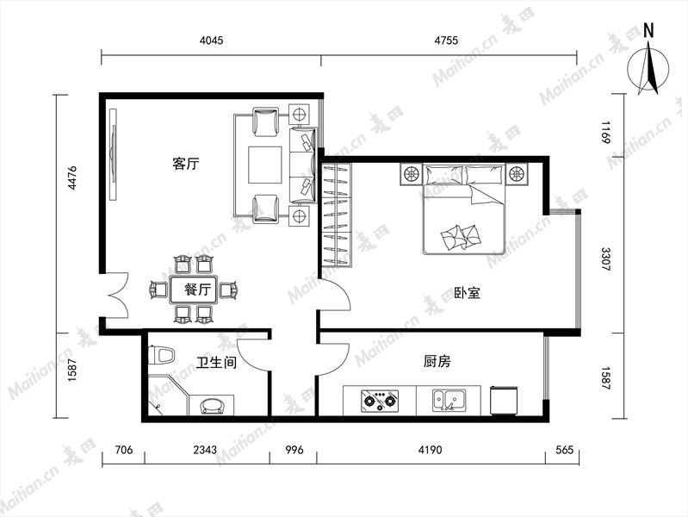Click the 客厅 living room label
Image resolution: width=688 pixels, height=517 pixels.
click(186, 164)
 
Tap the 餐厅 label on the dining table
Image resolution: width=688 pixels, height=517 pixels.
click(198, 290)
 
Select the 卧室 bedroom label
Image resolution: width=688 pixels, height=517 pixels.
click(468, 293)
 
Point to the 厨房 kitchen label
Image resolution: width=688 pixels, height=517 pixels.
click(437, 362)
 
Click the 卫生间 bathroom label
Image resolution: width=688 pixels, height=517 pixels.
click(217, 363)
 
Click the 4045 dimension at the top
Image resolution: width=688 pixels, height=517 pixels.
click(211, 40)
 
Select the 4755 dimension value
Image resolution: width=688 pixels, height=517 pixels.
click(446, 40)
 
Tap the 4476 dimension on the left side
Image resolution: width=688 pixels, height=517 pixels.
click(72, 178)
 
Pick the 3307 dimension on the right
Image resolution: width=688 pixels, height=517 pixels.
click(606, 258)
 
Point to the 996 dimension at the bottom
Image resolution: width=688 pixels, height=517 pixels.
click(294, 450)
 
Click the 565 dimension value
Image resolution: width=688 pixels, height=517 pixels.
click(564, 450)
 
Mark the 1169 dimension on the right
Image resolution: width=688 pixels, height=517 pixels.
click(606, 132)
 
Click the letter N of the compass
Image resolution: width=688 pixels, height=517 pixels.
click(648, 30)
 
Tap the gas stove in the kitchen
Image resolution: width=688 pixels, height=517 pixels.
click(380, 401)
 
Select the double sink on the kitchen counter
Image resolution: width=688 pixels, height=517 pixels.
click(449, 400)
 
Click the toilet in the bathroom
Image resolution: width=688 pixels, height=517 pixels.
click(162, 355)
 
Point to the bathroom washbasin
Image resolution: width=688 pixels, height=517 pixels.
click(212, 405)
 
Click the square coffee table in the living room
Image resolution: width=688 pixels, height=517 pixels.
click(265, 165)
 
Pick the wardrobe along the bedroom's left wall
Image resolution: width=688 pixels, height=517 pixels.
click(337, 215)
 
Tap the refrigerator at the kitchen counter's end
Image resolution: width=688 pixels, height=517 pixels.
click(505, 400)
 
